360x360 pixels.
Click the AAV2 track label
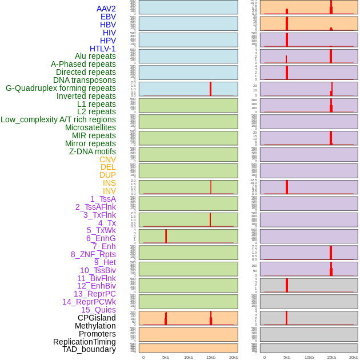(106, 9)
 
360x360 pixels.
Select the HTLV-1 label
(102, 49)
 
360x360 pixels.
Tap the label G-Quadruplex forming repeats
(61, 88)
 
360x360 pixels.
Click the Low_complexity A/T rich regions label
(58, 119)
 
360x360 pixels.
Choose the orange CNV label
(107, 159)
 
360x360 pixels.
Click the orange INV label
(109, 191)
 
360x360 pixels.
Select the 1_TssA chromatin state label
(103, 199)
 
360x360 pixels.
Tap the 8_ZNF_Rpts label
(93, 254)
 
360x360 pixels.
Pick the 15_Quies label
(98, 310)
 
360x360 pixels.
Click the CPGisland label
(97, 318)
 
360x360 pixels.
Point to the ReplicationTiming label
(85, 342)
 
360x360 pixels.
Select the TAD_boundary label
(89, 349)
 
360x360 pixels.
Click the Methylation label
(95, 326)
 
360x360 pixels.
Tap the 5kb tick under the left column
(166, 357)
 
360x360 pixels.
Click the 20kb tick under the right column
(354, 357)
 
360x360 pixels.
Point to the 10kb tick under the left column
(188, 357)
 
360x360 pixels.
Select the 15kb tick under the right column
(331, 357)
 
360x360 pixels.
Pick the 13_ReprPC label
(94, 294)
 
